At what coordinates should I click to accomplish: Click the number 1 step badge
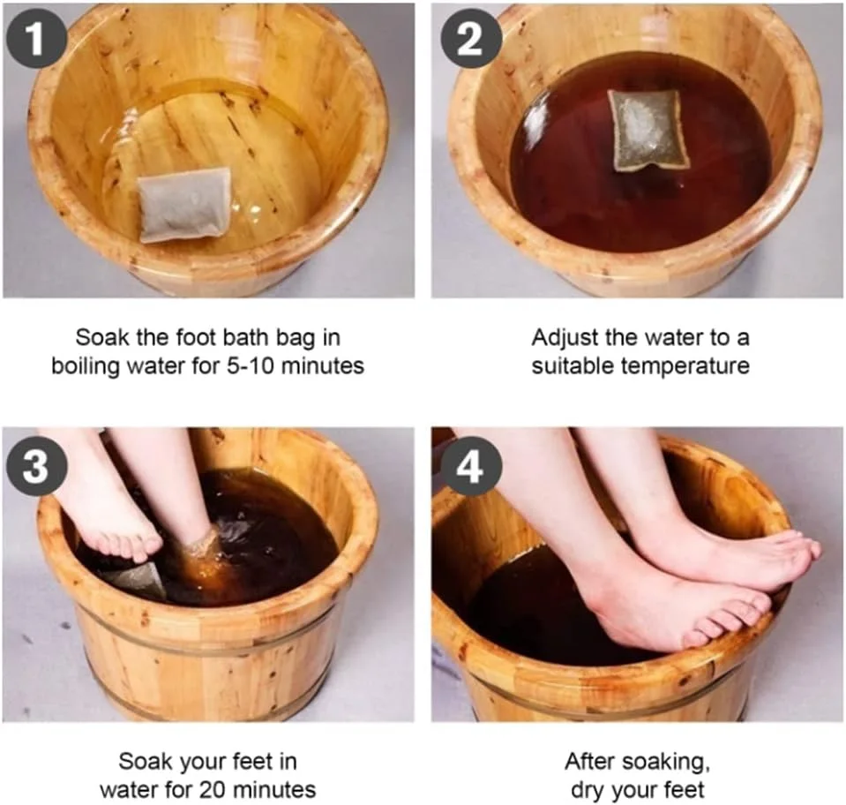click(x=36, y=37)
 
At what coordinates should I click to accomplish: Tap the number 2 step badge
click(x=471, y=37)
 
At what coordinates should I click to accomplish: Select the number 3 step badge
click(x=36, y=465)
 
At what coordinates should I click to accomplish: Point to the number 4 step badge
click(x=471, y=465)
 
